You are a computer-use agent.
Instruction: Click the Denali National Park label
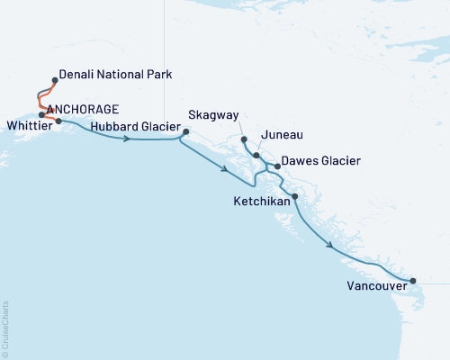[115, 75]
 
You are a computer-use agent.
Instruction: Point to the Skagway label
[212, 115]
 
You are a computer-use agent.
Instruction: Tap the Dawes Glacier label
[321, 161]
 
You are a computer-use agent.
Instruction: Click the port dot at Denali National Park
[56, 80]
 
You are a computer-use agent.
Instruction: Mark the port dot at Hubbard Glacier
[185, 133]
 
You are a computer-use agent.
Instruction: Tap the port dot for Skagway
[244, 139]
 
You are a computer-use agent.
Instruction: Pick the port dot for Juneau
[257, 156]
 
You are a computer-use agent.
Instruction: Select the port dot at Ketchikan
[295, 196]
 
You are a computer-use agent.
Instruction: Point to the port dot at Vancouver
[413, 282]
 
